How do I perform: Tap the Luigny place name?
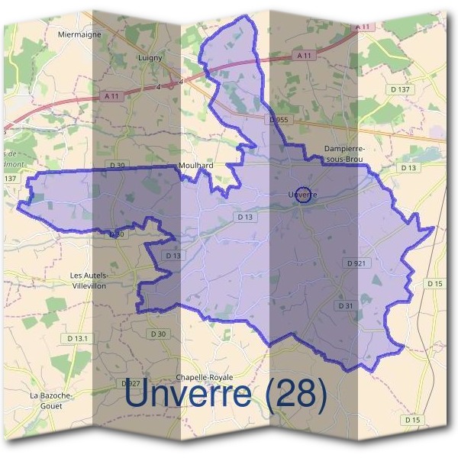[x=146, y=56]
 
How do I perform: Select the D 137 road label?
[x=399, y=89]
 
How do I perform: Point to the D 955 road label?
[x=279, y=120]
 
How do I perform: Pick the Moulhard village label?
[x=195, y=165]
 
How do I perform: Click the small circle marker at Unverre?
[x=303, y=195]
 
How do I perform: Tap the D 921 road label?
[x=357, y=263]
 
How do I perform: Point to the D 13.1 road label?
[x=78, y=338]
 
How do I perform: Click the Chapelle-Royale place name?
[x=204, y=378]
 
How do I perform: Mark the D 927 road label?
[x=130, y=383]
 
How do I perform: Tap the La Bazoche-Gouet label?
[x=50, y=401]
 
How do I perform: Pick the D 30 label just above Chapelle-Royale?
[x=157, y=334]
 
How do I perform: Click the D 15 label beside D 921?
[x=435, y=284]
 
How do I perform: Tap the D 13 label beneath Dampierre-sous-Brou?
[x=408, y=167]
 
